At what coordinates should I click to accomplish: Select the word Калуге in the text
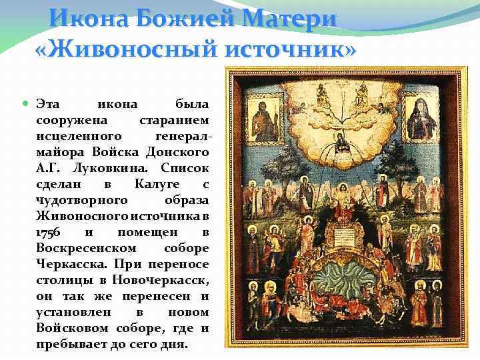coord(155,183)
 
